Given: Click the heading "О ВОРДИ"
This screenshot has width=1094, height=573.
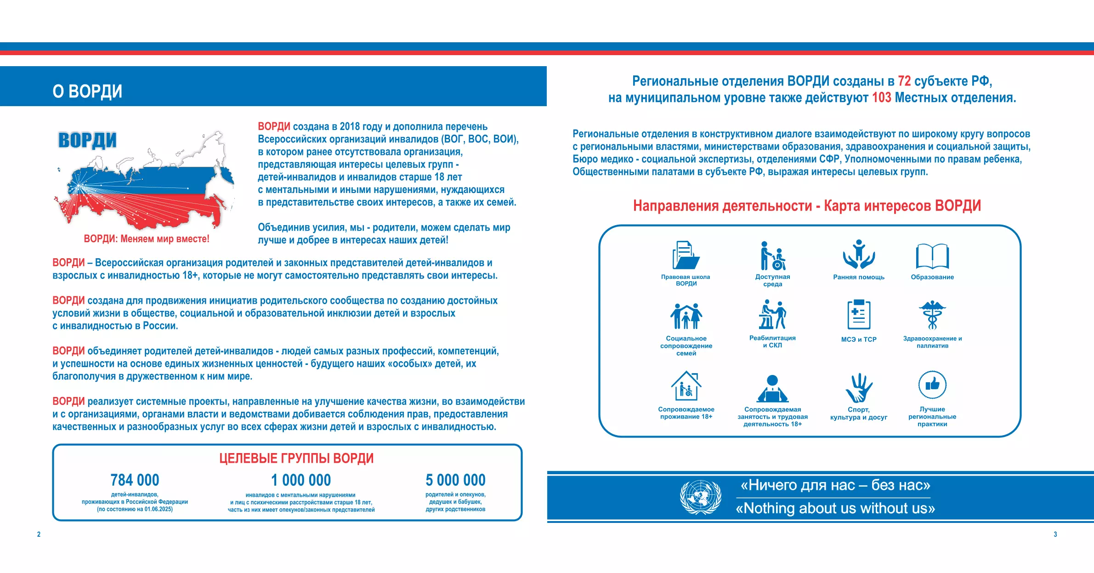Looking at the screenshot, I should (87, 91).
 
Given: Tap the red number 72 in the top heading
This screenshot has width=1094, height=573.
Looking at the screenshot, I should (904, 81).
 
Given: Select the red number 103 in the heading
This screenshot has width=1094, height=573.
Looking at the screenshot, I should (881, 98).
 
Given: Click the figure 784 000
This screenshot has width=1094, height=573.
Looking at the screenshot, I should (135, 480).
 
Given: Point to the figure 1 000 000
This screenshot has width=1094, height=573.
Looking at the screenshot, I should (301, 480).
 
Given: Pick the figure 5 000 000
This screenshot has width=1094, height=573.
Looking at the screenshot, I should (455, 480).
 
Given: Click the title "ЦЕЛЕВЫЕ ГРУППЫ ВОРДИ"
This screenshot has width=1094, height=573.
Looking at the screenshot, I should (296, 458).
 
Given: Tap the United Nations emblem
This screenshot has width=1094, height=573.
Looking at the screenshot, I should (701, 497).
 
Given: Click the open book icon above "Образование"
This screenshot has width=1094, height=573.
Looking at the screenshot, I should (932, 256).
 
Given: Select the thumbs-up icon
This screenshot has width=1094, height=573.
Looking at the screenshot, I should (932, 385).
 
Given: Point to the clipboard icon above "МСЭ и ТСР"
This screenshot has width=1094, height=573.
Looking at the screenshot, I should (859, 315).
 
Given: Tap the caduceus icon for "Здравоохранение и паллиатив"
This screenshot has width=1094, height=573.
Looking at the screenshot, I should (932, 315).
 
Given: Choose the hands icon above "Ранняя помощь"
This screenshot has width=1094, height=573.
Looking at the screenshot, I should (859, 254).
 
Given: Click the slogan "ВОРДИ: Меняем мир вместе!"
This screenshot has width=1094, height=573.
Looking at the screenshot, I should (146, 239).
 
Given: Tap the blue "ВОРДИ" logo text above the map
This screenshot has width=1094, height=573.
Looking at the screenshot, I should (87, 140).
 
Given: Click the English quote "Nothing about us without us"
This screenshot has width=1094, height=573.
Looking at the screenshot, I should (835, 509).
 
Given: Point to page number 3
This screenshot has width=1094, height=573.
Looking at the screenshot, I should (1055, 534).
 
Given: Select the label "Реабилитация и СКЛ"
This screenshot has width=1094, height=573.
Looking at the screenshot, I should (772, 341).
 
